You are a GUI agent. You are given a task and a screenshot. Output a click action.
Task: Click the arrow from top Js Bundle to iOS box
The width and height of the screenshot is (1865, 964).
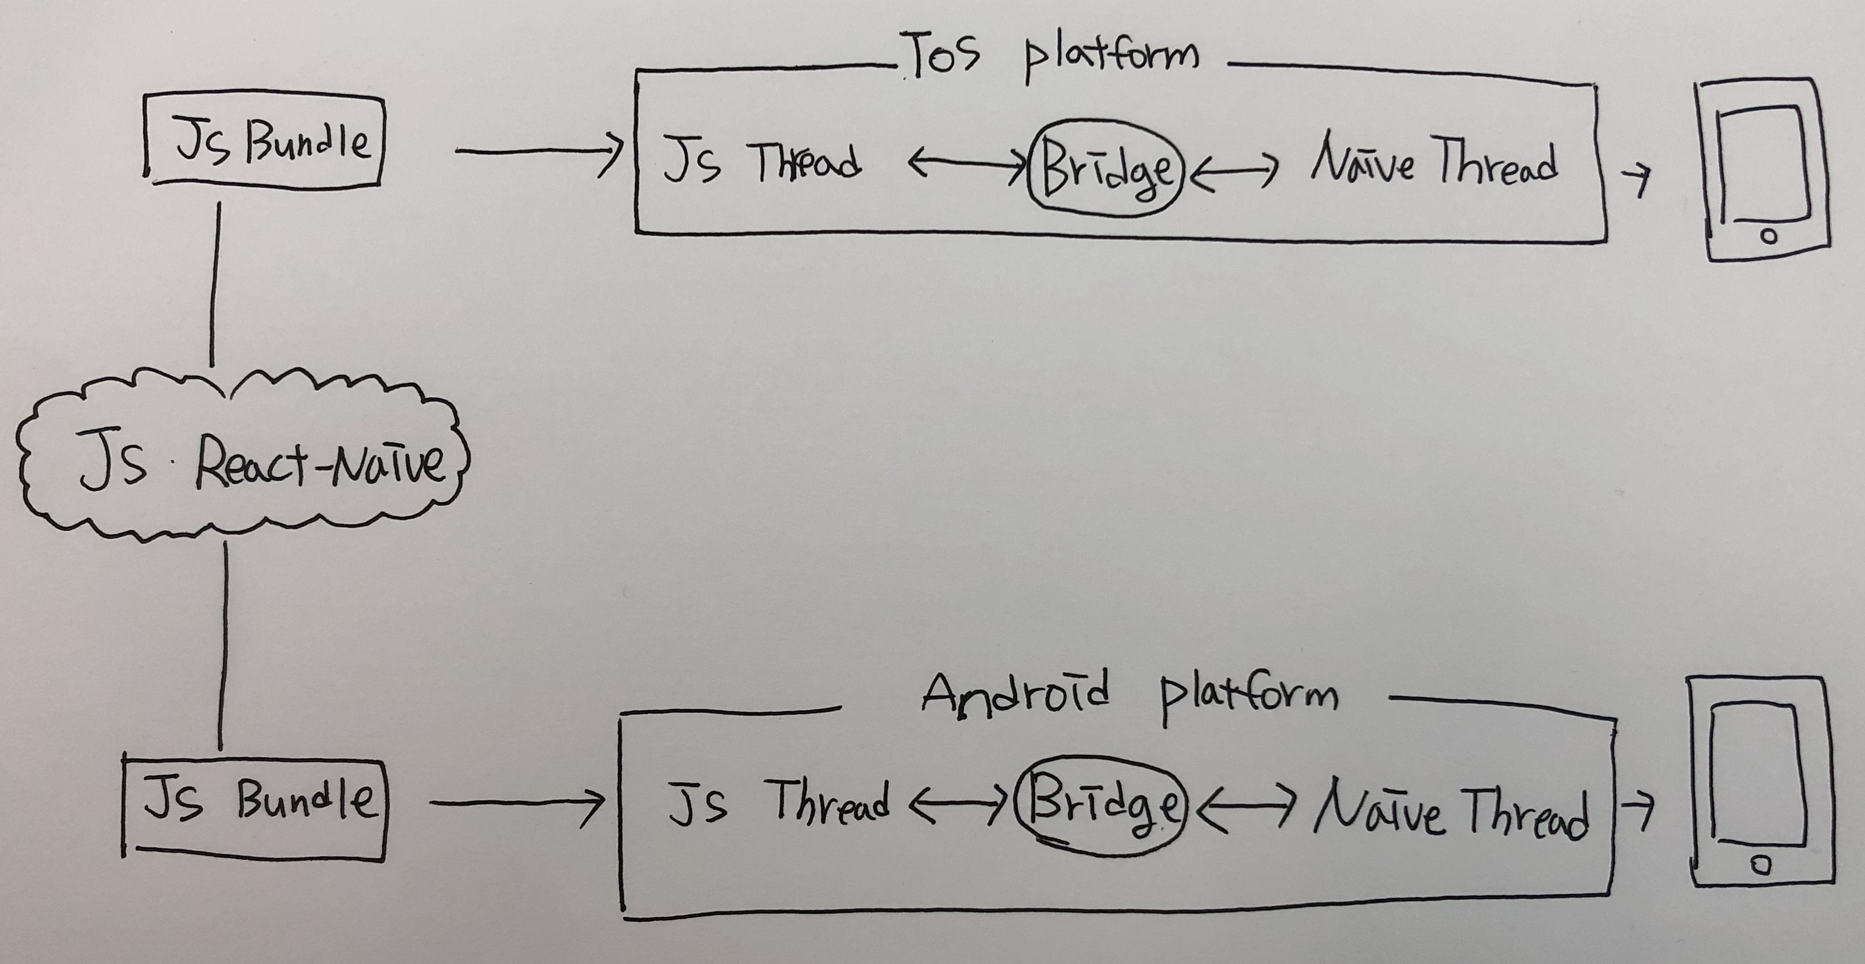(x=539, y=152)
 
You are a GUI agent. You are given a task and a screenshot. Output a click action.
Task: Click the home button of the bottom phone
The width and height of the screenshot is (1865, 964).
(x=1761, y=865)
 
